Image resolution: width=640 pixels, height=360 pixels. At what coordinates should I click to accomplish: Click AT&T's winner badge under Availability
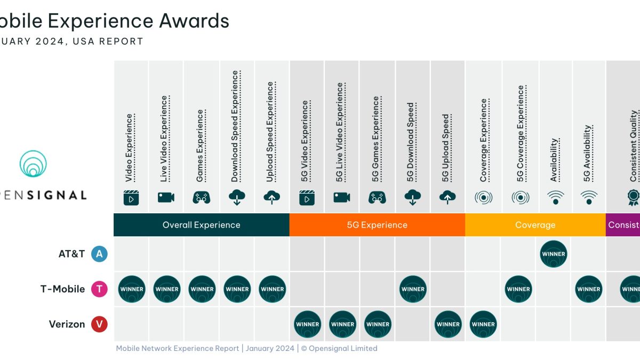[x=553, y=254]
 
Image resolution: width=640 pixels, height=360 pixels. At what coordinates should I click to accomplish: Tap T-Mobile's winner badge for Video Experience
[x=132, y=289]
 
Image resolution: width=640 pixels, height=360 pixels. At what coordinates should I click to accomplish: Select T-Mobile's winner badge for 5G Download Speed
[x=413, y=289]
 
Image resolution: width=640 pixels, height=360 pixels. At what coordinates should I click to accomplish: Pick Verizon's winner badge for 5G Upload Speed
[x=448, y=324]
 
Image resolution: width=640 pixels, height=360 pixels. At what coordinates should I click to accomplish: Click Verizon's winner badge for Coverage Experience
[x=483, y=324]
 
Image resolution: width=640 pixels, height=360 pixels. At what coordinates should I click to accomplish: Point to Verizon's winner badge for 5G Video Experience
[x=308, y=324]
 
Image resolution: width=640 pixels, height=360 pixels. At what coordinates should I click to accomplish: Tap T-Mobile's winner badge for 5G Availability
[x=589, y=289]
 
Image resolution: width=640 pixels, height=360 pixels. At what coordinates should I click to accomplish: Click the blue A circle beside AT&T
[x=99, y=254]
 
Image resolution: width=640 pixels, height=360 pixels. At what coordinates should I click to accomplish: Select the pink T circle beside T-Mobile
[x=99, y=289]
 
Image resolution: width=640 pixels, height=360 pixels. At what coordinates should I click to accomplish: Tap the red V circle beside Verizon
[x=99, y=324]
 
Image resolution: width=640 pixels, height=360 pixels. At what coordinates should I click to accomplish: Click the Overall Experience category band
[x=202, y=225]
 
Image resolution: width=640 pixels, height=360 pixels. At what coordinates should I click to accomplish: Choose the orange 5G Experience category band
[x=377, y=225]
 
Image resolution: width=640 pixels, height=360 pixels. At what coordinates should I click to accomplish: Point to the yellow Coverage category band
[x=535, y=225]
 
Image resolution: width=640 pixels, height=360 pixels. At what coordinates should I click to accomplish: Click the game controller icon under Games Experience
[x=201, y=197]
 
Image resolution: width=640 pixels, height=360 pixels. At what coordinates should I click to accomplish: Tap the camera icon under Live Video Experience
[x=166, y=197]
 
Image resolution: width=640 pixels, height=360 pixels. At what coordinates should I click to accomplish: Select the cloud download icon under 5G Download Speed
[x=412, y=197]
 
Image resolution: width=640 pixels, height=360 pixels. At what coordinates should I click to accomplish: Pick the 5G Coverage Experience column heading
[x=521, y=134]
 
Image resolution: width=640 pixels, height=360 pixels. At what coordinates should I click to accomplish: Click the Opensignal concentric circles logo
[x=33, y=164]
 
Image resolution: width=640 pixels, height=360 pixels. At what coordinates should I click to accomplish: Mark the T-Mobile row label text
[x=62, y=289]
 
